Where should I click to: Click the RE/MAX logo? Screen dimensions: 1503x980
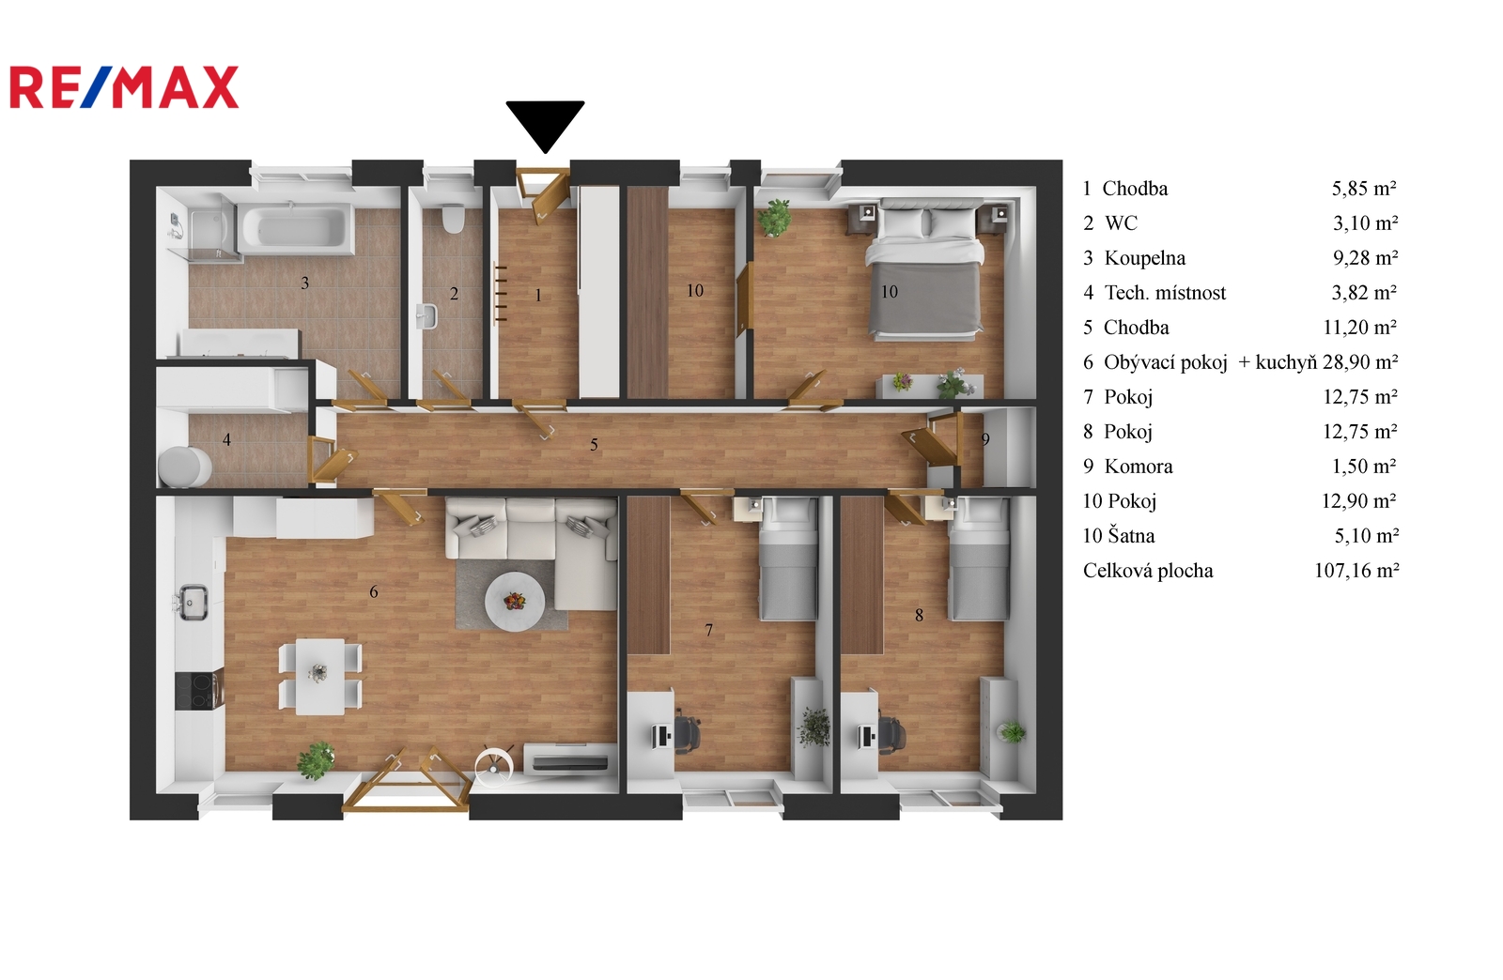click(x=124, y=87)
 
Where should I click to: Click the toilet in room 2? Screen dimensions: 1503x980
click(x=453, y=218)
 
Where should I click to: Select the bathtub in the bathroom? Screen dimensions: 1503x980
click(x=297, y=228)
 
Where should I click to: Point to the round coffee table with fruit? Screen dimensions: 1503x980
click(x=515, y=602)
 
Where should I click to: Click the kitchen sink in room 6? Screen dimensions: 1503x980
click(x=194, y=602)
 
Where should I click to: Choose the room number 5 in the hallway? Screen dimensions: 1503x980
click(x=594, y=444)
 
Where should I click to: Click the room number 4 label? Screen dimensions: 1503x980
click(x=226, y=439)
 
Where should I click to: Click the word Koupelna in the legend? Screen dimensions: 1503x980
click(x=1145, y=258)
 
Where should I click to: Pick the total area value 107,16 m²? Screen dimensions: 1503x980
click(x=1356, y=571)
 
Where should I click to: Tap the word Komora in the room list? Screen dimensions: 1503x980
click(x=1139, y=467)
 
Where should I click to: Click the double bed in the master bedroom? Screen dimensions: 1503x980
click(x=925, y=269)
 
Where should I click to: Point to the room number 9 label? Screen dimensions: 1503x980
click(x=985, y=439)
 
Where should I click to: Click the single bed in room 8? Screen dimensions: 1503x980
click(x=979, y=559)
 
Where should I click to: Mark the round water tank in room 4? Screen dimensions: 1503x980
click(x=184, y=467)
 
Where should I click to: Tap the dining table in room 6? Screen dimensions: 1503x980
click(x=320, y=677)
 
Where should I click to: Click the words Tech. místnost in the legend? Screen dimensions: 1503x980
click(x=1165, y=293)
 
